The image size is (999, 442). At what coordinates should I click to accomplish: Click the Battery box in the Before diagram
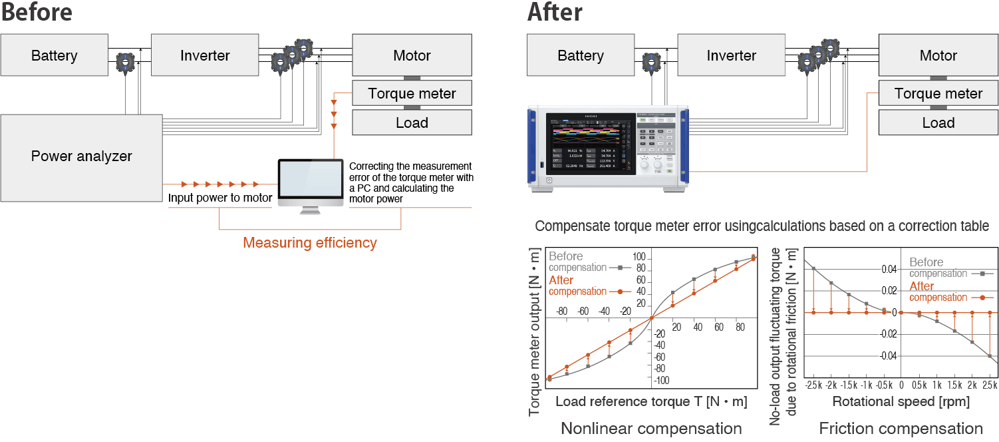pos(54,55)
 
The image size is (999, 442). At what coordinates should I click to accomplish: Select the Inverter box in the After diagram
pos(731,55)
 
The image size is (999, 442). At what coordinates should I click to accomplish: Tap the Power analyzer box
pos(81,157)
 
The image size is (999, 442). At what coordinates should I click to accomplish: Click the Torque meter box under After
pos(938,94)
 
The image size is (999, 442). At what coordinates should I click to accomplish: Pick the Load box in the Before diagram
pos(411,123)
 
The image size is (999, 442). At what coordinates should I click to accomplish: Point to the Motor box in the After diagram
pos(938,55)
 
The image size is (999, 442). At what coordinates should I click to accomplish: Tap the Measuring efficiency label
pos(309,243)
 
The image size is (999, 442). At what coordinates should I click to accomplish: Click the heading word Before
pos(37,12)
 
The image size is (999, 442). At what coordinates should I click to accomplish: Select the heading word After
pos(555,12)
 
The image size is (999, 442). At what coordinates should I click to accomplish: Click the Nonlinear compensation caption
pos(651,428)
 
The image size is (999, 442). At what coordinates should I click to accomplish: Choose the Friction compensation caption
pos(901,428)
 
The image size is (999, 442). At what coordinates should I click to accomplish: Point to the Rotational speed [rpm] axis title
pos(901,401)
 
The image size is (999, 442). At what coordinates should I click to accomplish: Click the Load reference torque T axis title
pos(651,401)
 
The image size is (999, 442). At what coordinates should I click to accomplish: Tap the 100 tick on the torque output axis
pos(639,256)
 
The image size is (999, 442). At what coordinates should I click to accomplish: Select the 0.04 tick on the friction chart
pos(889,269)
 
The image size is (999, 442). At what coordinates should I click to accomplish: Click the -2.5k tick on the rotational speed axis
pos(813,385)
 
